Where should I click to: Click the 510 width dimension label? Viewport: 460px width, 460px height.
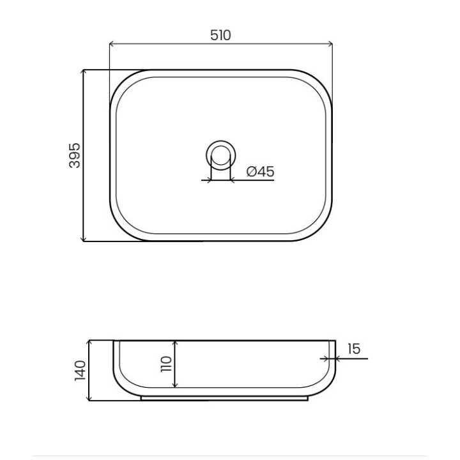coord(220,35)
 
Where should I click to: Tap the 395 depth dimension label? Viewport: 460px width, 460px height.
coord(74,155)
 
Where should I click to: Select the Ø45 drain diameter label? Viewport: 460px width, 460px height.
coord(260,171)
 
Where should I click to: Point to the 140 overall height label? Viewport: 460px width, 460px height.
coord(80,371)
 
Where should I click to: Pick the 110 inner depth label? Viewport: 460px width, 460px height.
coord(166,364)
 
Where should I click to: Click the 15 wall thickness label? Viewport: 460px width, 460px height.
coord(354,349)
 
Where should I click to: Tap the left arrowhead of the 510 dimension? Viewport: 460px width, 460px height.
coord(111,44)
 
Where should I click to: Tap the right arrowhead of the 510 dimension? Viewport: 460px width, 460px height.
coord(330,44)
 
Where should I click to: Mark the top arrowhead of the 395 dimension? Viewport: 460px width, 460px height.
coord(84,72)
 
